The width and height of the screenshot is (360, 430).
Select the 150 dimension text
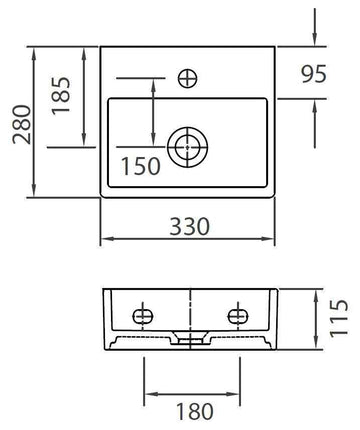pyautogui.click(x=140, y=167)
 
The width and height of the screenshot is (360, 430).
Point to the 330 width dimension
pyautogui.click(x=189, y=226)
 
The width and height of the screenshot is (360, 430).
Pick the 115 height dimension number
pyautogui.click(x=339, y=320)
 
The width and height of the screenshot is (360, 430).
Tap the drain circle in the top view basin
pyautogui.click(x=187, y=147)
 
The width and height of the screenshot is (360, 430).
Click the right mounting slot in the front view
pyautogui.click(x=238, y=313)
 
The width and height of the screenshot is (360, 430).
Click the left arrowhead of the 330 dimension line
pyautogui.click(x=107, y=240)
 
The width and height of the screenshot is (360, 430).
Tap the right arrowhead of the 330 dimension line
pyautogui.click(x=274, y=240)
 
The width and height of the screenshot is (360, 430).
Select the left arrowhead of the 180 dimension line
pyautogui.click(x=147, y=391)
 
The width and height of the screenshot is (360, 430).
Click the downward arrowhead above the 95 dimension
pyautogui.click(x=315, y=41)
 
